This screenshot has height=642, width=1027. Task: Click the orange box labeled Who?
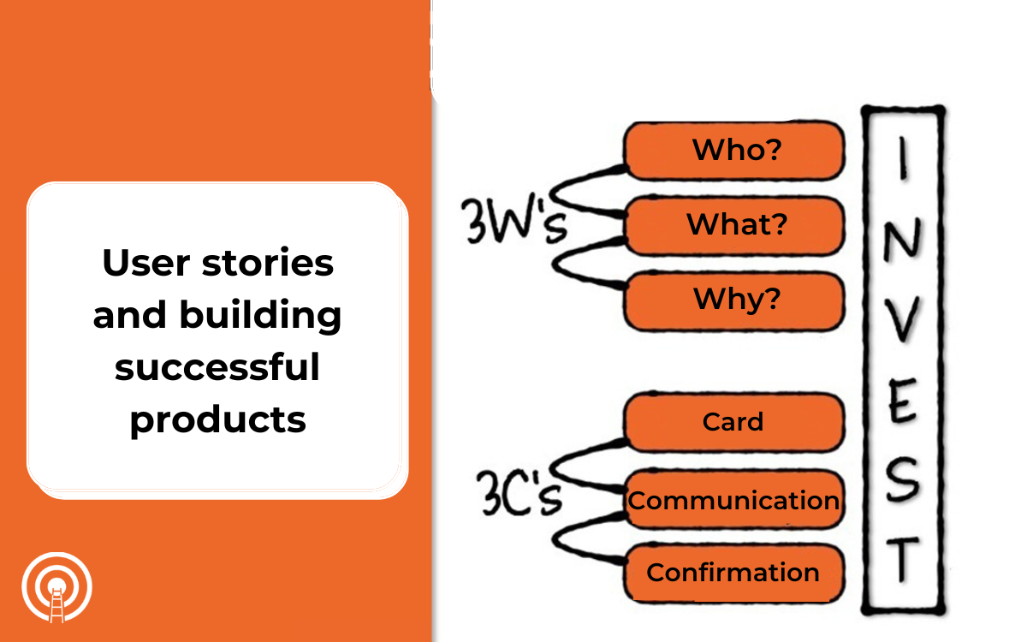coord(734,151)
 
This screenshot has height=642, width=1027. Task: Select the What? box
coord(734,225)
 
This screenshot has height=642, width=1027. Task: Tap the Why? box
coord(734,300)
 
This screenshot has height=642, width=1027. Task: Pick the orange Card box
coord(733,422)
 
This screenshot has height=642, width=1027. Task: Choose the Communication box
coord(733,499)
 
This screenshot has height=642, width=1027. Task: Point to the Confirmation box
coord(733,573)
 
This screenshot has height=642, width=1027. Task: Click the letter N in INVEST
coord(901,243)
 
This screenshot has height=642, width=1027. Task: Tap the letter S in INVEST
coord(901,481)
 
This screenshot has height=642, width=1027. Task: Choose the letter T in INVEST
coord(901,561)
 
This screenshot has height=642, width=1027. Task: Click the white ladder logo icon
coord(56,587)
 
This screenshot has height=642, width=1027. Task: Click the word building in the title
coord(260,316)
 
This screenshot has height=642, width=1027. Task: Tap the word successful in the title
coord(217,368)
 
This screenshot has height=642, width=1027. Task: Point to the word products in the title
coord(217,420)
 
